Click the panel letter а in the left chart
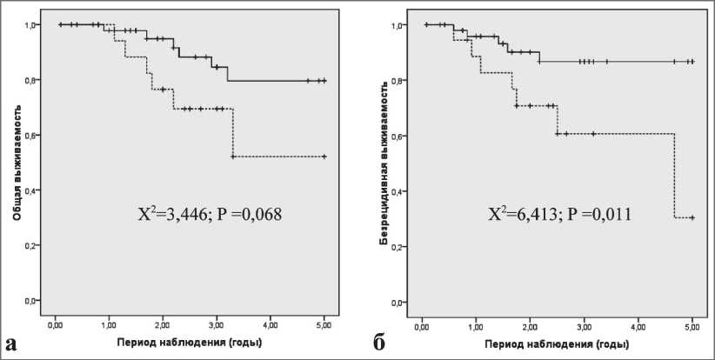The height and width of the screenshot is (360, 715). [13, 342]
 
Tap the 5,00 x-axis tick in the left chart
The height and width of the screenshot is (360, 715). [324, 324]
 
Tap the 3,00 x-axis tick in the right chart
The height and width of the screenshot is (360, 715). [585, 325]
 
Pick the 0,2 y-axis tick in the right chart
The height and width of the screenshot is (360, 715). [398, 247]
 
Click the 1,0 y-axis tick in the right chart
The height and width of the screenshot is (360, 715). [398, 25]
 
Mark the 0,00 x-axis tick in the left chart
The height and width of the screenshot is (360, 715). [55, 324]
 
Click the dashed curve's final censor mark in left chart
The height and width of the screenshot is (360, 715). [324, 157]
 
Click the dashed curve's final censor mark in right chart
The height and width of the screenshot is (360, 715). [692, 217]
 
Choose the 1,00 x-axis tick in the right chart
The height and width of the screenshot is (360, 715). [476, 325]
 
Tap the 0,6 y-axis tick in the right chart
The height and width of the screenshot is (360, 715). [398, 137]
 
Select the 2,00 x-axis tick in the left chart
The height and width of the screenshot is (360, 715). [163, 324]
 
